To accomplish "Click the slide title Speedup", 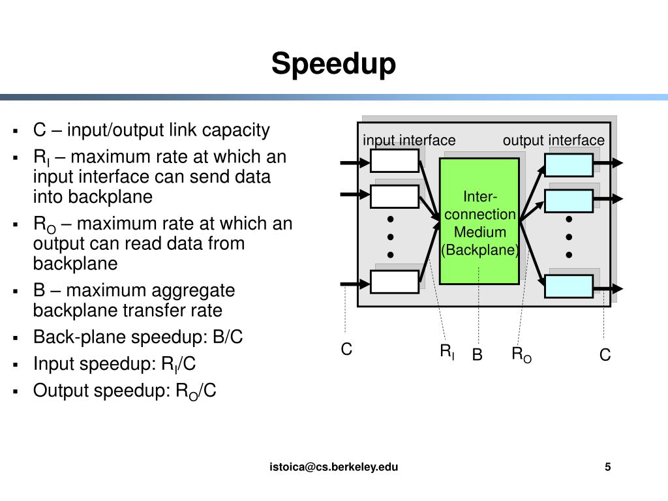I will point(333,65).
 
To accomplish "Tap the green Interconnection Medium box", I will point(479,221).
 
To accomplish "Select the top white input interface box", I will point(395,160).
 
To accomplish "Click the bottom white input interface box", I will point(395,282).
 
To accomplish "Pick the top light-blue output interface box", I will point(569,164).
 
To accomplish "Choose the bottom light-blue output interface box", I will point(569,286).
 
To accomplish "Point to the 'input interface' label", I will point(409,140).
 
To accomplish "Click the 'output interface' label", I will point(553,140).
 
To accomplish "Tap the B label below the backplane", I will point(477,355).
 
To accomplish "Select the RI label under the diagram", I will point(447,353).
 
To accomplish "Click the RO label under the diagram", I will point(521,355).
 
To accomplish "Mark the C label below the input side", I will point(346,350).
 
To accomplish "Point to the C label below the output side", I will point(605,355).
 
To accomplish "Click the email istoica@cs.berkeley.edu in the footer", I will point(334,466).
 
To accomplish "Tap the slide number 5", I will point(608,466).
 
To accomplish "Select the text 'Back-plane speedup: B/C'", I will point(138,337).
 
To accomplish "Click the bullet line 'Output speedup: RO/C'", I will point(125,391).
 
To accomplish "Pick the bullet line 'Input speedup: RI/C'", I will point(114,364).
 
